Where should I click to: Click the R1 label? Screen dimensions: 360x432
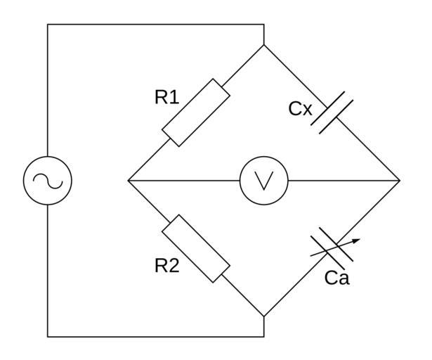pos(166,97)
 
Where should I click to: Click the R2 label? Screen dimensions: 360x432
pos(166,265)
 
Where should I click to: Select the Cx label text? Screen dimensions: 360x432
pos(300,109)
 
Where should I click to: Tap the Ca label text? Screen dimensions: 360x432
pos(337,278)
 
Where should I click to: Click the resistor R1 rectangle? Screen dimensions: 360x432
pos(195,113)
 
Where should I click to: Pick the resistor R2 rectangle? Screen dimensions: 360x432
pos(195,248)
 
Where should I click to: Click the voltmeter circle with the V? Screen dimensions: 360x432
pos(263,181)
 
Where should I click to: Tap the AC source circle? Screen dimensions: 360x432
pos(48,181)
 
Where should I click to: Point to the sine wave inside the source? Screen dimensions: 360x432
pos(48,181)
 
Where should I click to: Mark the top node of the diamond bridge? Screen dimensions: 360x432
pos(264,45)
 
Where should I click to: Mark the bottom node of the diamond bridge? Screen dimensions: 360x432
pos(264,316)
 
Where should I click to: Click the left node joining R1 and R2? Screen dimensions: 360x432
pos(129,181)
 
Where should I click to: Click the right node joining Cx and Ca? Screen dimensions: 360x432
pos(400,181)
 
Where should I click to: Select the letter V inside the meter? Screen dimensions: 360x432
pos(263,181)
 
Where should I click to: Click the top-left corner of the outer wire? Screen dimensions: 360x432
pos(48,25)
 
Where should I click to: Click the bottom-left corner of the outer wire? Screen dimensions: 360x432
pos(48,337)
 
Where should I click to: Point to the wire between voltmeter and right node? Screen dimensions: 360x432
pos(344,181)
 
